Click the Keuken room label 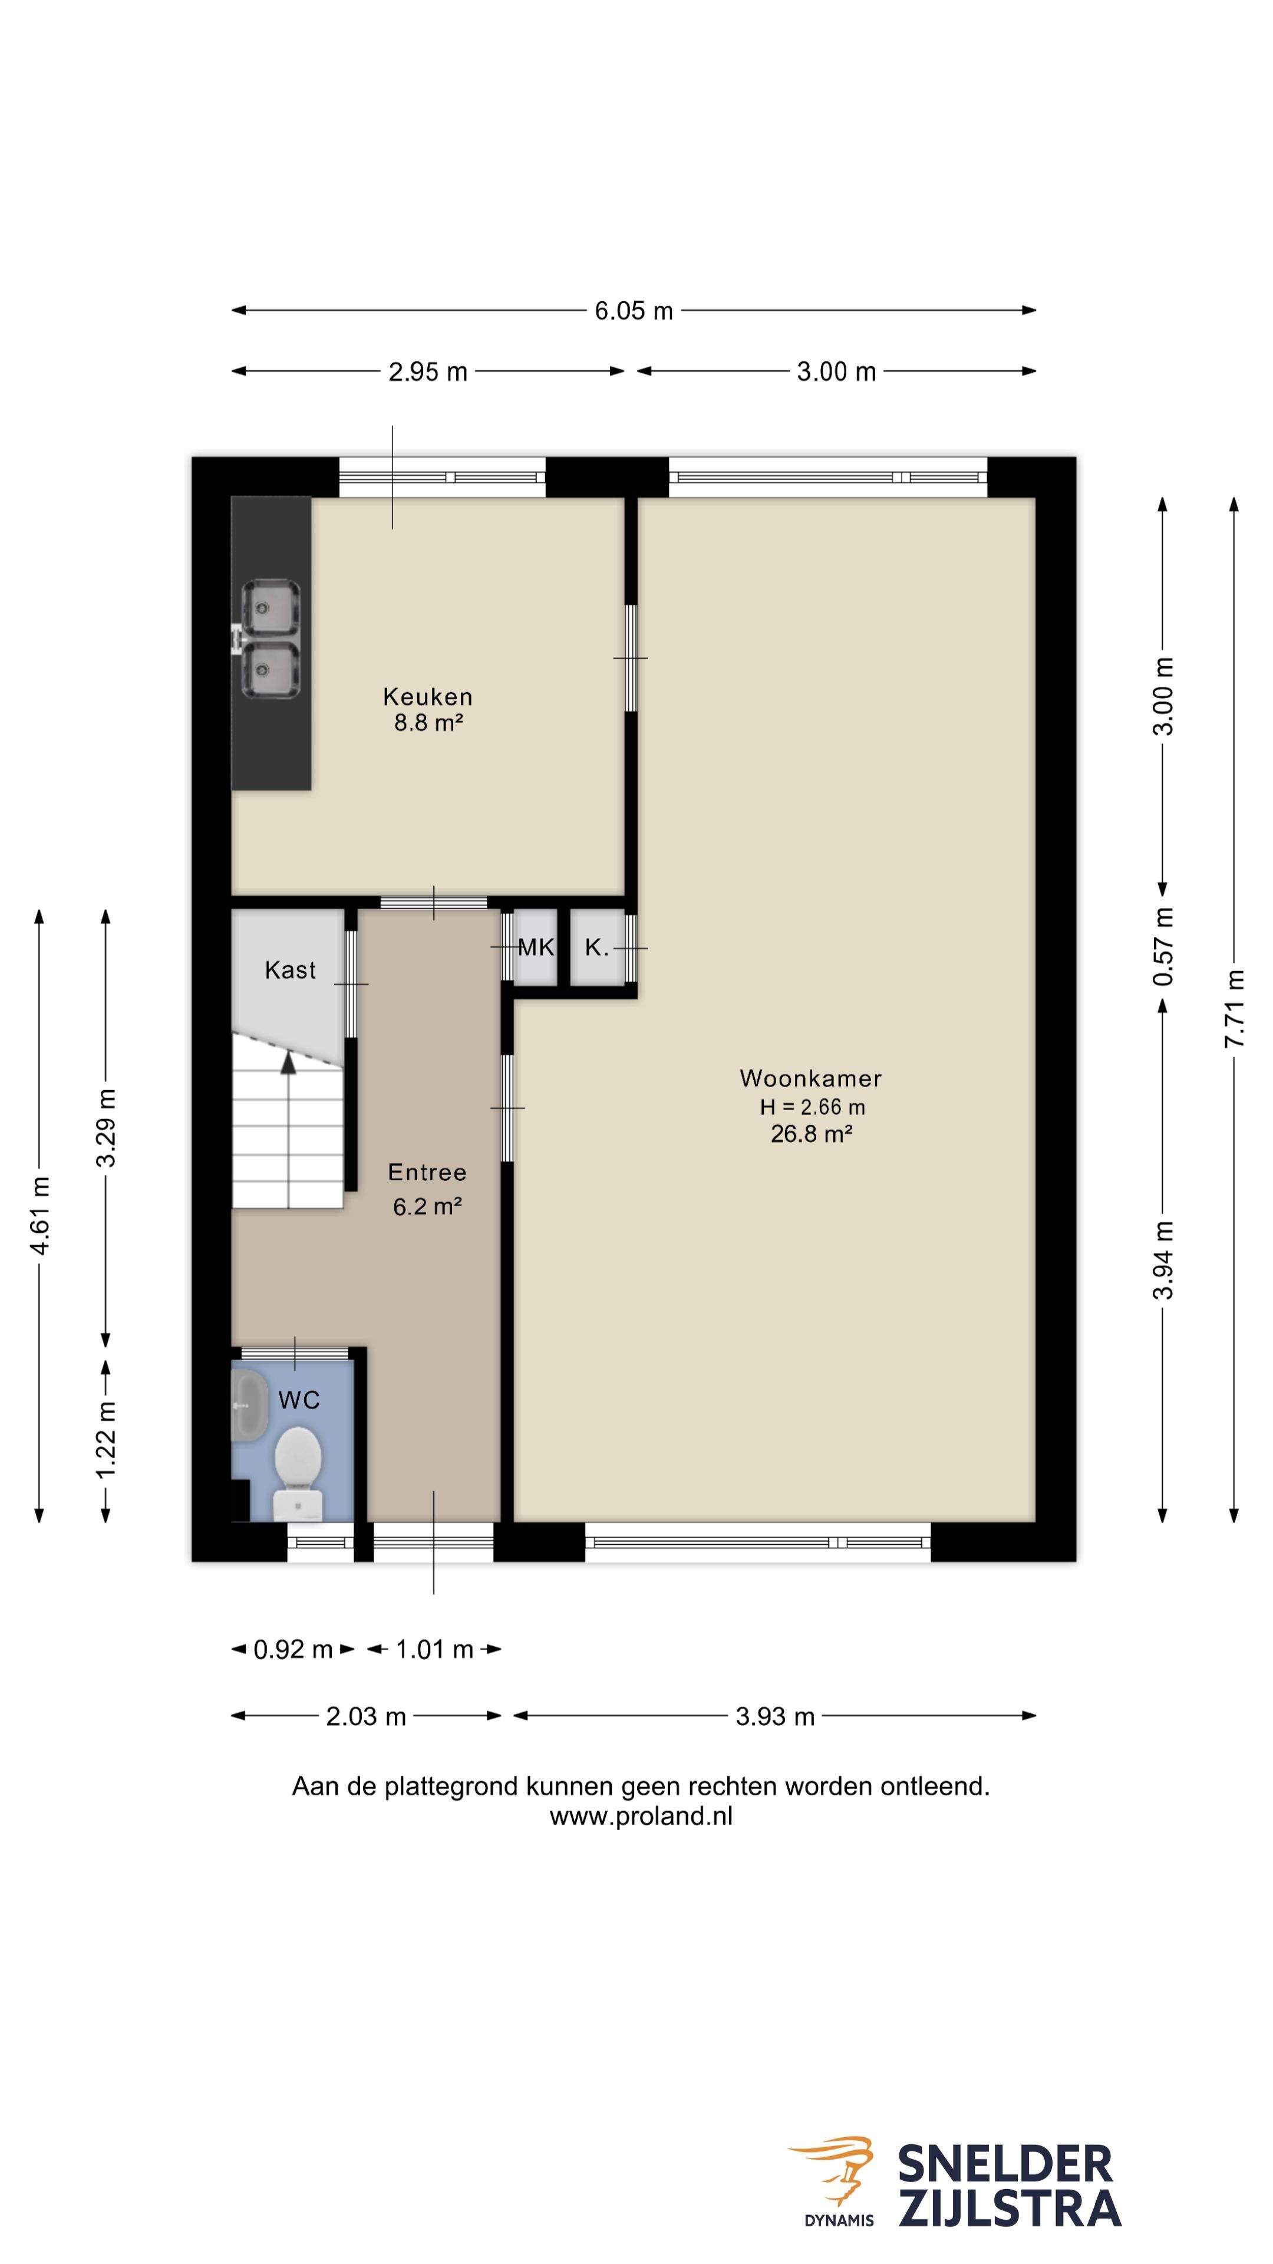tap(428, 697)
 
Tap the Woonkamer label tap(810, 1078)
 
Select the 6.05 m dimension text tap(634, 310)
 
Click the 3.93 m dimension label tap(775, 1716)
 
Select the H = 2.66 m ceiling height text tap(813, 1107)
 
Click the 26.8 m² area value tap(812, 1134)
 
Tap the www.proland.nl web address tap(641, 1817)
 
